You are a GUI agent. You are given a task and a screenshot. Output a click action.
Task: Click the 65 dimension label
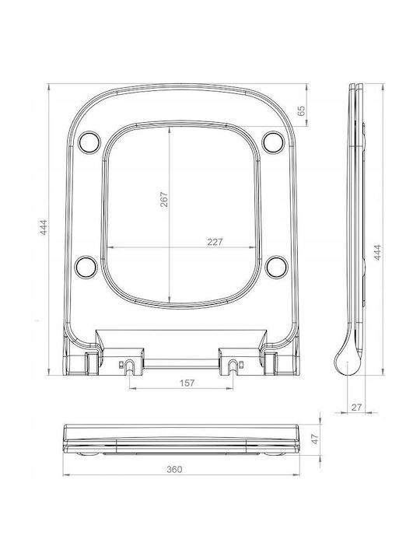coord(302,110)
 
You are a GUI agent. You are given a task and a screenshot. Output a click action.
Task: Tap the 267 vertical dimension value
coord(164,200)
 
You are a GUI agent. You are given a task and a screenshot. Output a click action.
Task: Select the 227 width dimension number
coord(215,242)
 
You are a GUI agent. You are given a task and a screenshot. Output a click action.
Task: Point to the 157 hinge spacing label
coord(187,383)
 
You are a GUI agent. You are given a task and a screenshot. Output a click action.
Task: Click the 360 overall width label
coord(174,469)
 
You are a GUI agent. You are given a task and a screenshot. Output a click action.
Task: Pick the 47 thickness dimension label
coord(314,439)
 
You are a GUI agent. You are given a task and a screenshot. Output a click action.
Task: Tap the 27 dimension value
coord(356,407)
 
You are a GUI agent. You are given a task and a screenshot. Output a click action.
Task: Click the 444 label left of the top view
coord(44,227)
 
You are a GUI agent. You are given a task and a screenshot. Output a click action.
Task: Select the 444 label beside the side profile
coord(377,252)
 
